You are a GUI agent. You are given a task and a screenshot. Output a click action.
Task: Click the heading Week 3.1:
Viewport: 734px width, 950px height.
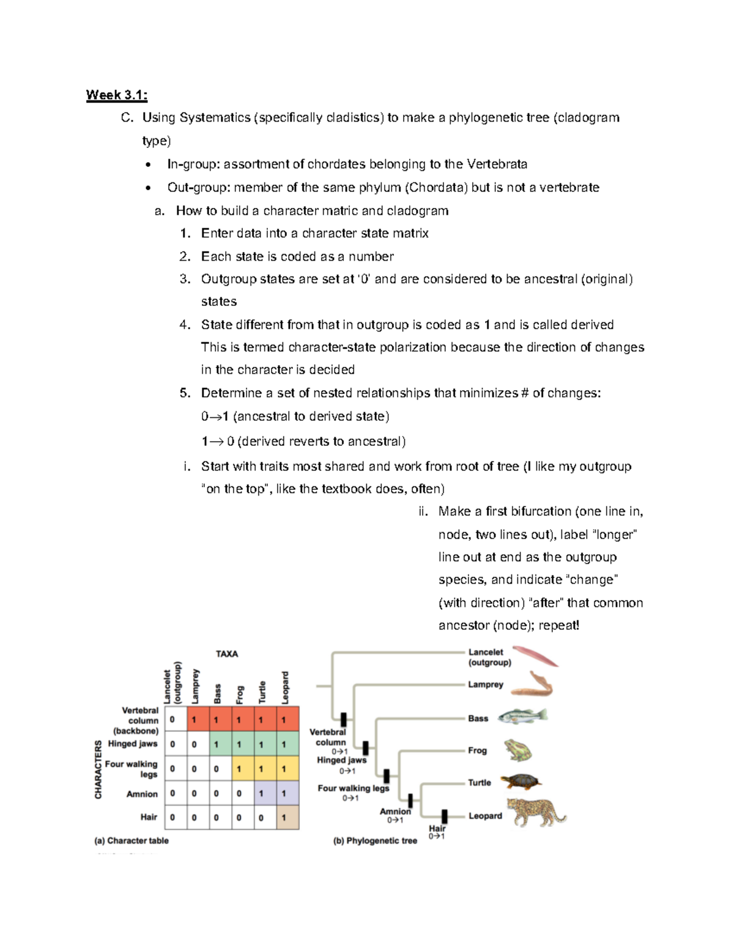point(116,95)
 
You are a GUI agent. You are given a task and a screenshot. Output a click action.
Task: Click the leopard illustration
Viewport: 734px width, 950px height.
point(536,812)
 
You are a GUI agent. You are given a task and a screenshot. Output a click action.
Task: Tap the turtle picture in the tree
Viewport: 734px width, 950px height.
point(521,781)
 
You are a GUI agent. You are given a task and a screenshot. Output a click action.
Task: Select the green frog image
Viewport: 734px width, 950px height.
point(517,750)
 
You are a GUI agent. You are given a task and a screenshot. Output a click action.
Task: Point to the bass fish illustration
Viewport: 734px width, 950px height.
point(522,716)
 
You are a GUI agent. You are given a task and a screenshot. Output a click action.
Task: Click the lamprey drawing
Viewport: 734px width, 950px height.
point(532,685)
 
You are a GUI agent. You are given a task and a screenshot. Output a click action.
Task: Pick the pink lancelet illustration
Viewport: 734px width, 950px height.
point(535,656)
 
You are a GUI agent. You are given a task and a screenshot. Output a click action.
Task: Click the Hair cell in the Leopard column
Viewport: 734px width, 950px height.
point(287,817)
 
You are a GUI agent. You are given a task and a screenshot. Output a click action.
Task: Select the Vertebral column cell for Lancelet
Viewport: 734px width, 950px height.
point(176,719)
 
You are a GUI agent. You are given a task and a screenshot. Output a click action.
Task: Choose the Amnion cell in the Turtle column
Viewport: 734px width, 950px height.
point(265,793)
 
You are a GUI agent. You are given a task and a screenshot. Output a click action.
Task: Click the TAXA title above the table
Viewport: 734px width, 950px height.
point(226,654)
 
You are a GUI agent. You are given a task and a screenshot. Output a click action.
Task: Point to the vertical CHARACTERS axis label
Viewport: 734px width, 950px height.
point(98,769)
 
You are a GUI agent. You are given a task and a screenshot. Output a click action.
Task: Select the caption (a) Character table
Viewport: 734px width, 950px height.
point(132,841)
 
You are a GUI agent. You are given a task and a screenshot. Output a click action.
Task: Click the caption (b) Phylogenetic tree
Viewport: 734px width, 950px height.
point(375,841)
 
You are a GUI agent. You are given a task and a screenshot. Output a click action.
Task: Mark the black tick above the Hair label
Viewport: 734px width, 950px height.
point(445,816)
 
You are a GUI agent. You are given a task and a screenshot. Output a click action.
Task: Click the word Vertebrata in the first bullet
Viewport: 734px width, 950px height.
point(497,164)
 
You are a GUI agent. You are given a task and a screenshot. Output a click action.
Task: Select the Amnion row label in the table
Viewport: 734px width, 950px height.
point(142,794)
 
